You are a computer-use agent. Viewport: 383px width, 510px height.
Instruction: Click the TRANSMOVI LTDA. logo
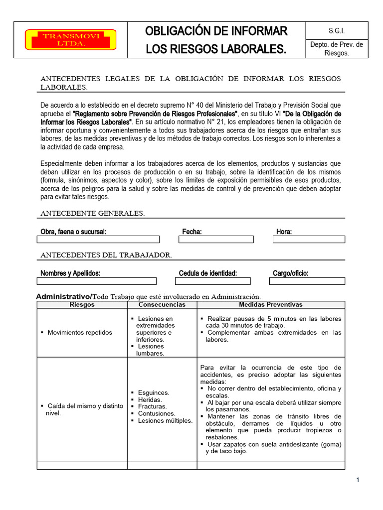point(71,40)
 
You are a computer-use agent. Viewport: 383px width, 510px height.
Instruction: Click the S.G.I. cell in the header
point(337,30)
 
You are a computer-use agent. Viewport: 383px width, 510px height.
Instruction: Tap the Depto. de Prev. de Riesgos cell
point(337,49)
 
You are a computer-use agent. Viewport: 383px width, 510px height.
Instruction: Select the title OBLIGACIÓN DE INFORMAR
point(216,31)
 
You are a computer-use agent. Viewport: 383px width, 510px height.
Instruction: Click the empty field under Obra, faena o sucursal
point(98,240)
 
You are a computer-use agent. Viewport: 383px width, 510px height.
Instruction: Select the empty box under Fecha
point(216,240)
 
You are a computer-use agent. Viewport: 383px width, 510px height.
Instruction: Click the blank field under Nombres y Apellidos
point(97,281)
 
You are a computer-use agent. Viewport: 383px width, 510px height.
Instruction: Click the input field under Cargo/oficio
point(307,281)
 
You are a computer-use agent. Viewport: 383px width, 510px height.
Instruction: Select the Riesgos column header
point(82,305)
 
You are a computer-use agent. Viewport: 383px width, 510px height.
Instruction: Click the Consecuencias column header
point(162,305)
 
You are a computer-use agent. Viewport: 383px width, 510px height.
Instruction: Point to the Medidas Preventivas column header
point(270,305)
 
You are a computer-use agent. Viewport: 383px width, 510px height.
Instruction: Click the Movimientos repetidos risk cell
point(80,333)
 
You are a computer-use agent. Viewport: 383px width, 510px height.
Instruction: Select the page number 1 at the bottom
point(358,480)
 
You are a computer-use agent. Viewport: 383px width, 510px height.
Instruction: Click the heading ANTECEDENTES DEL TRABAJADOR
point(106,255)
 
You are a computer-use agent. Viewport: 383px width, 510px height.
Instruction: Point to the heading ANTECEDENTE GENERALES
point(92,214)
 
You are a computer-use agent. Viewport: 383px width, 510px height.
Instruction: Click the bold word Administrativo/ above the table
point(64,297)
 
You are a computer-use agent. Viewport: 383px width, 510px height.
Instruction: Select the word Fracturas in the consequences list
point(153,406)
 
